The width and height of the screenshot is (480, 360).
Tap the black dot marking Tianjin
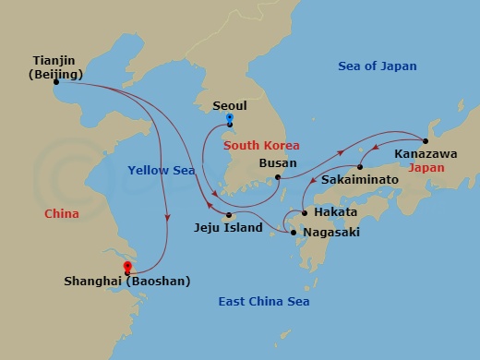coord(56,82)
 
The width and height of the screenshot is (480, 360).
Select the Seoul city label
coord(230,104)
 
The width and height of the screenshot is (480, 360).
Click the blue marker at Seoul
coord(229,119)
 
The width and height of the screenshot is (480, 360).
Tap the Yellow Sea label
coord(162,169)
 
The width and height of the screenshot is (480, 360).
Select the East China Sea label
coord(263,302)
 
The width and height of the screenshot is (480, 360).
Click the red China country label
coord(61,213)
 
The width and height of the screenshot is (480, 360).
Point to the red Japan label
coord(426,168)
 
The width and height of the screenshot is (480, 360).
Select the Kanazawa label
coord(426,154)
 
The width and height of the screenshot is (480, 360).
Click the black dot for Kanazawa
coord(426,140)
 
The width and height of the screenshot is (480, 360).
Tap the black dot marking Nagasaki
coord(294,233)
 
